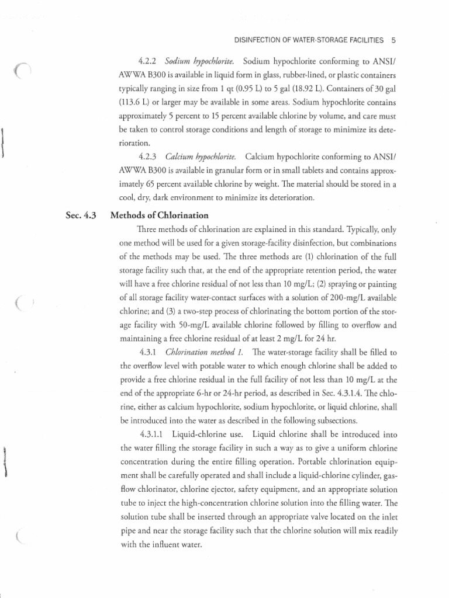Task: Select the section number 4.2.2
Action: [x=148, y=61]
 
